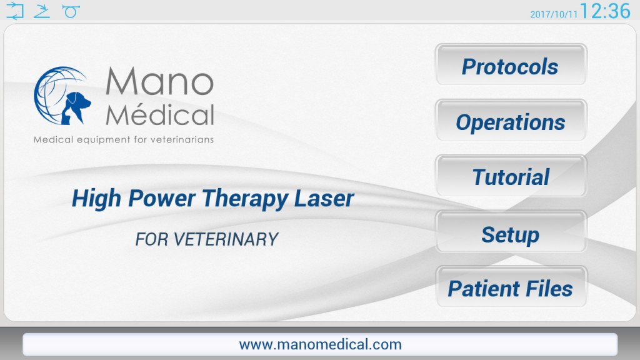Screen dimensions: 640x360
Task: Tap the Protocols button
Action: [x=511, y=65]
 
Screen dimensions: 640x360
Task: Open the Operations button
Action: [x=511, y=121]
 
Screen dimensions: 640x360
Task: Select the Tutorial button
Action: [x=511, y=176]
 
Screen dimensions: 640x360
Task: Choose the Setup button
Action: [x=511, y=231]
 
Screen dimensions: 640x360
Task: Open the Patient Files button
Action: [x=511, y=287]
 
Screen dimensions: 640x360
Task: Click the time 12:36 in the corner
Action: [x=605, y=11]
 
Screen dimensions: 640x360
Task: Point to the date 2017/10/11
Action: [x=554, y=14]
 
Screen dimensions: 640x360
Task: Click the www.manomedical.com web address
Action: [x=321, y=344]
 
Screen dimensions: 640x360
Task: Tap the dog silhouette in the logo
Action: [x=76, y=107]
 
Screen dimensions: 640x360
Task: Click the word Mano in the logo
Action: [x=159, y=81]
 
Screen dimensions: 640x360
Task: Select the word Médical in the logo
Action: [x=159, y=114]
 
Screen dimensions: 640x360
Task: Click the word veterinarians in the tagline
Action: [x=182, y=139]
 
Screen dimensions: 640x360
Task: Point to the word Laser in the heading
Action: [x=324, y=198]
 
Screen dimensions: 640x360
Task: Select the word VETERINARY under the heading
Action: [x=226, y=239]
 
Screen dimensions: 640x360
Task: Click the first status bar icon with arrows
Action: [x=15, y=11]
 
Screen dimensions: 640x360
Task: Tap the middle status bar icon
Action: [x=42, y=11]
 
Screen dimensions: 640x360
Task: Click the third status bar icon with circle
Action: [x=71, y=11]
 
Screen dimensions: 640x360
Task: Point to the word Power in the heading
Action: [x=162, y=198]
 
